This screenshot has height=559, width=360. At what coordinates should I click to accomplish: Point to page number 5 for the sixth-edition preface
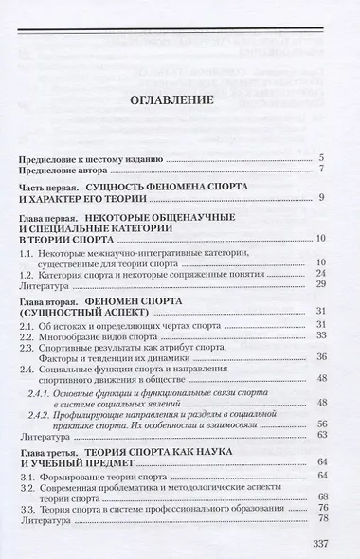point(323,156)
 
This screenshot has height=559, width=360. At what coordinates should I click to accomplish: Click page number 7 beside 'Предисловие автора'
point(323,169)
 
